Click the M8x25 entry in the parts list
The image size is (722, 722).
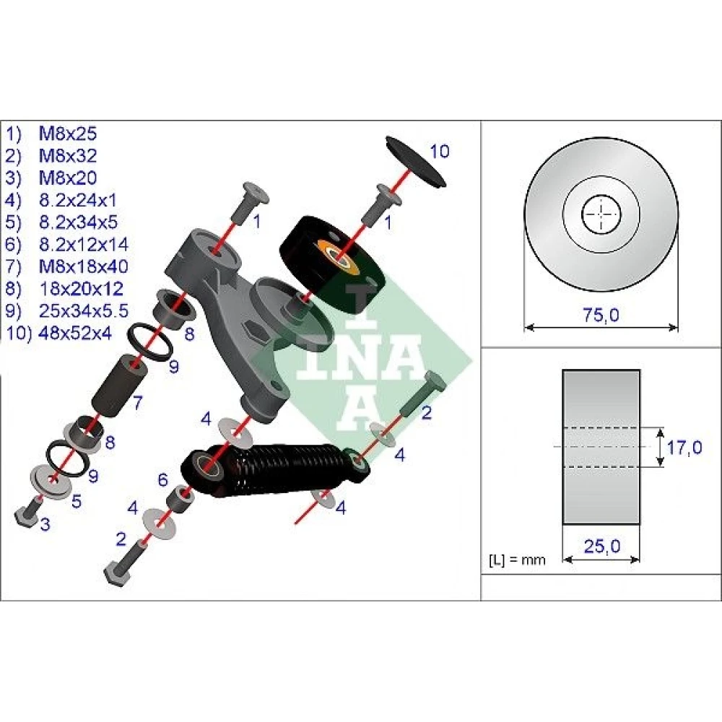(68, 134)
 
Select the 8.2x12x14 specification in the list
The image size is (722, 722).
(83, 245)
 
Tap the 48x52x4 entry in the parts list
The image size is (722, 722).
(76, 332)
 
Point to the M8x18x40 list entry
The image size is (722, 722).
(83, 266)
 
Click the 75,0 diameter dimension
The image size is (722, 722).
(601, 316)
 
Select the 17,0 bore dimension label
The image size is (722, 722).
(684, 447)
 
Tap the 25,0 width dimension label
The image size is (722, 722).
(602, 547)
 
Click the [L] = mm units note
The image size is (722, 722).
(517, 560)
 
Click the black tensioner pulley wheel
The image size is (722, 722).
(332, 264)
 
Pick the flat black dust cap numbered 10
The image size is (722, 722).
(415, 162)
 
